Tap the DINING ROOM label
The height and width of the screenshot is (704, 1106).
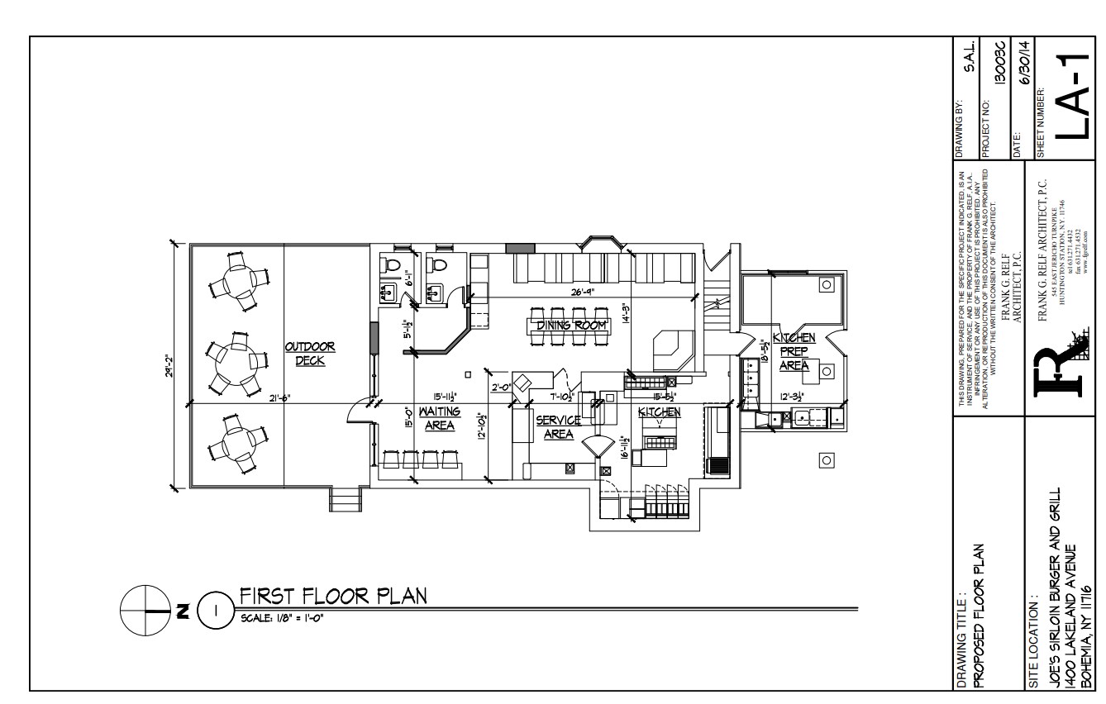(572, 326)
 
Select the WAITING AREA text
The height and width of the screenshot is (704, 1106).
(438, 417)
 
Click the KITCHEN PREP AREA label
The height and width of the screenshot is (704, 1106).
(794, 351)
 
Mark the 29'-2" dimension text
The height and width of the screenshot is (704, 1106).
(167, 364)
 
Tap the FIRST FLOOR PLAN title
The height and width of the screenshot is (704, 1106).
(332, 597)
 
